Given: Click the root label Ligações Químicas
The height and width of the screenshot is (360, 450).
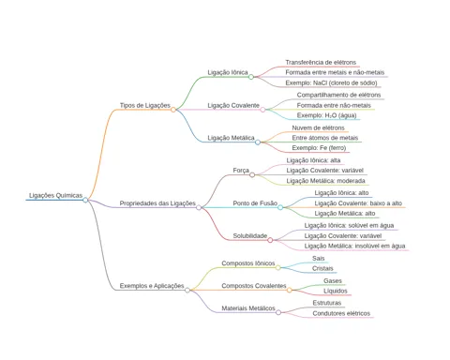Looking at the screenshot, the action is click(55, 195).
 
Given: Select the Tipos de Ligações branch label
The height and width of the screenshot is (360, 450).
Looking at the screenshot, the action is click(145, 105).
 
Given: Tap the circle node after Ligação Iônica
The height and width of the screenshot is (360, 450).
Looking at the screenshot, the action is click(251, 77).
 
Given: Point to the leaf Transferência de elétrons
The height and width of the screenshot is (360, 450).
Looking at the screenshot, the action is click(321, 62).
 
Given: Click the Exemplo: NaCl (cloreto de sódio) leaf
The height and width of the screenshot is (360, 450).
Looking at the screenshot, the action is click(331, 82).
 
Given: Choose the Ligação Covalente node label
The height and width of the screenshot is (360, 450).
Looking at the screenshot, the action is click(233, 105).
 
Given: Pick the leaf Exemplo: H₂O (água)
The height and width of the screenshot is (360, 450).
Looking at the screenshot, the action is click(326, 115).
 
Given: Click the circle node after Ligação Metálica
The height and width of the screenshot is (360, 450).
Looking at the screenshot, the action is click(258, 142).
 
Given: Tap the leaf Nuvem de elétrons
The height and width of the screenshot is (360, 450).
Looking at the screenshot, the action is click(318, 127).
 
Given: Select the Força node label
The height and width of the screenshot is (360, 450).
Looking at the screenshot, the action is click(241, 171).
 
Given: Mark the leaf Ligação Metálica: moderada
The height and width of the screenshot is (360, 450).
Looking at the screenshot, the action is click(325, 181).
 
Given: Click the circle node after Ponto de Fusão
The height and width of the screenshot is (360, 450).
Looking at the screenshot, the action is click(280, 207).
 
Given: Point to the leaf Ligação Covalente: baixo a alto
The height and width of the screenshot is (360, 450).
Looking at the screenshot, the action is click(358, 203).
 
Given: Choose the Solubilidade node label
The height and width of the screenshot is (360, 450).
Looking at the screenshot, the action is click(250, 235).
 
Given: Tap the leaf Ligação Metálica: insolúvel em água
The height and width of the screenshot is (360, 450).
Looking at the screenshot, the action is click(354, 246).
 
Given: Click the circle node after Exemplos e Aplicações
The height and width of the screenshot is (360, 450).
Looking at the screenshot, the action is click(187, 290).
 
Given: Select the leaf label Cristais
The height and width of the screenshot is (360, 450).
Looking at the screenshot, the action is click(322, 268).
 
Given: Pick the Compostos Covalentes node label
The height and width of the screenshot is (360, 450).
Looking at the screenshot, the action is click(254, 286).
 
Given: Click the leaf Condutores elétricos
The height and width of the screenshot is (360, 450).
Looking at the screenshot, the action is click(341, 313).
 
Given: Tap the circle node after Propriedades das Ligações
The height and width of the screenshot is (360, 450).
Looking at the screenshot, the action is click(199, 207).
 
